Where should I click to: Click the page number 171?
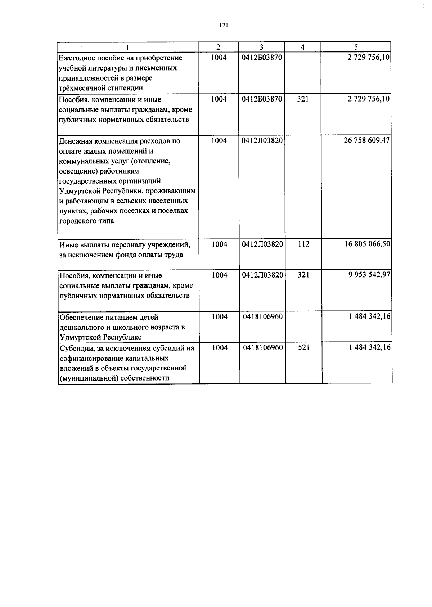tap(224, 25)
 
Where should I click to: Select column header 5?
tap(356, 47)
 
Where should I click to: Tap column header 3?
tap(261, 47)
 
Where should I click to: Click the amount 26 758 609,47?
tap(367, 140)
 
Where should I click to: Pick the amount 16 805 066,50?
tap(367, 244)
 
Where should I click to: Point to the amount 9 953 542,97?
tap(369, 275)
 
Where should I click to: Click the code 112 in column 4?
tap(303, 244)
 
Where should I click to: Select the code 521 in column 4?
tap(303, 348)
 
